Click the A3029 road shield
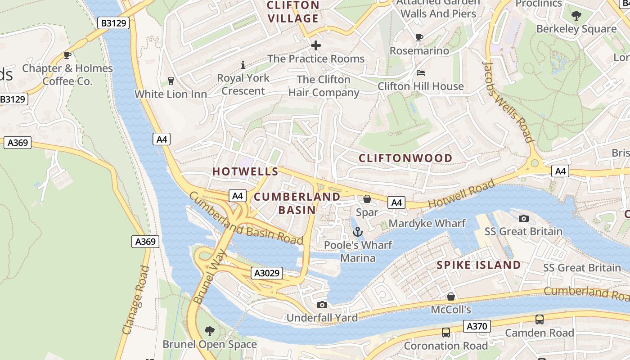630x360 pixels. point(267,273)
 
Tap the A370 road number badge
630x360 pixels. point(477,326)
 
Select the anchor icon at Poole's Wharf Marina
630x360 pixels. point(358,232)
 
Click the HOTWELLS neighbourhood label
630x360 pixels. point(245,171)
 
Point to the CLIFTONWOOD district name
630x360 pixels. point(405,158)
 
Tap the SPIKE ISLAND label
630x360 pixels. point(479,265)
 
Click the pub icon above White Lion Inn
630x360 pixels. point(171,81)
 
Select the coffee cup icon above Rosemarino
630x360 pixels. point(419,38)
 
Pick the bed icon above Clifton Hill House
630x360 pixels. point(421,73)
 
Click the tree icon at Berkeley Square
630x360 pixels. point(576,16)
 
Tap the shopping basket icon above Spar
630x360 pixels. point(367,199)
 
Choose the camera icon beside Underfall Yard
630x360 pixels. point(322,305)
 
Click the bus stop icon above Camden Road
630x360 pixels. point(539,319)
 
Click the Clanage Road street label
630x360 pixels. point(135,300)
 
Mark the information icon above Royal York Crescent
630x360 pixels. point(243,65)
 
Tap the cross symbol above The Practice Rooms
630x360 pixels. point(316,45)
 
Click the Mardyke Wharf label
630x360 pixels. point(427,223)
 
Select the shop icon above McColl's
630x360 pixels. point(450,297)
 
